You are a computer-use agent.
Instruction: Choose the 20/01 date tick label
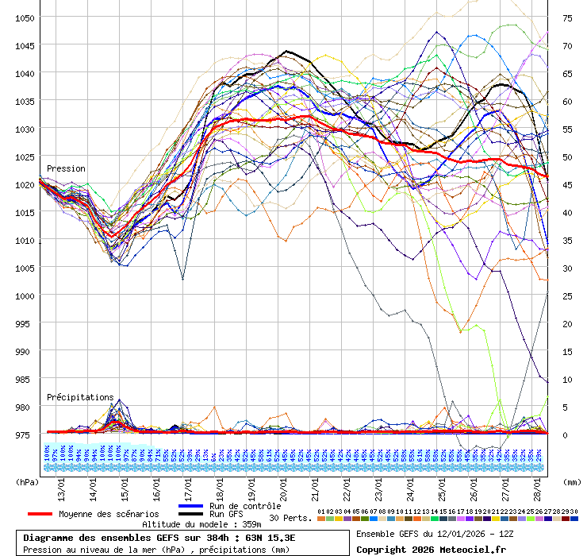click(x=283, y=482)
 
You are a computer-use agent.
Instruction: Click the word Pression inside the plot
click(x=66, y=168)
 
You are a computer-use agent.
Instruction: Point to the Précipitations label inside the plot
click(x=80, y=396)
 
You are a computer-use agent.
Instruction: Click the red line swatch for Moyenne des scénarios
click(x=40, y=514)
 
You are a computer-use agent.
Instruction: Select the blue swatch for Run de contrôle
click(x=190, y=506)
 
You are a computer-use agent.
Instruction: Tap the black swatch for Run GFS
click(x=190, y=515)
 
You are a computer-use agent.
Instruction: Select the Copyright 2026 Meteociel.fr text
click(x=432, y=549)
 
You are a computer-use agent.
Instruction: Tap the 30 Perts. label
click(x=290, y=518)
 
